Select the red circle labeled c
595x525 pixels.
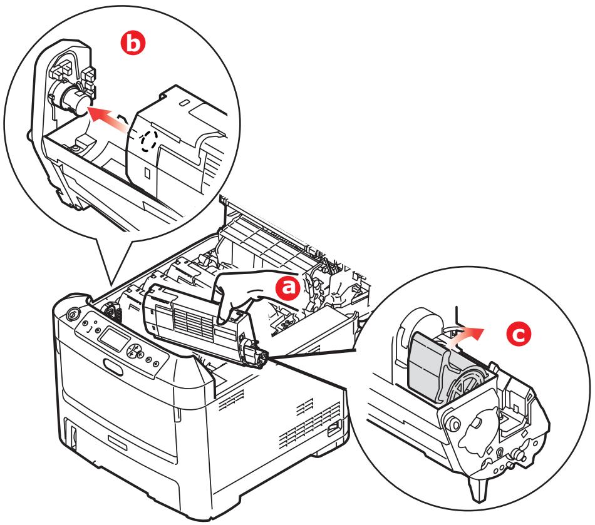[x=516, y=335]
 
